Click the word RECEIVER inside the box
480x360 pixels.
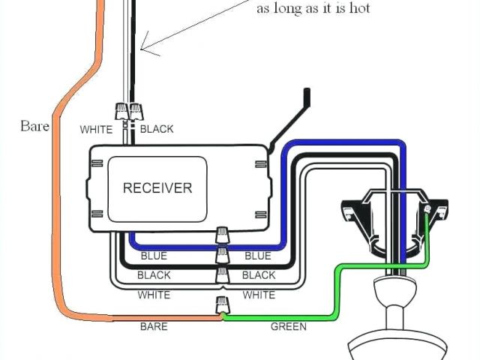pos(157,187)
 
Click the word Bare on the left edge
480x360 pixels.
pos(34,125)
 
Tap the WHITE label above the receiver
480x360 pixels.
pos(96,129)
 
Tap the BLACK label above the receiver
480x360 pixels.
pos(157,129)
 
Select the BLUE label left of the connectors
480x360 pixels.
pos(154,256)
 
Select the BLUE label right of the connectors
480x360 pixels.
pos(258,256)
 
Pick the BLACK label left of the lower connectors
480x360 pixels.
pos(154,275)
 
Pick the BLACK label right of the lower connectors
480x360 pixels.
pos(259,275)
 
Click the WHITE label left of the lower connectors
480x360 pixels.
pos(154,295)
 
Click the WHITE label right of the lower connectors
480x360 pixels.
pos(259,295)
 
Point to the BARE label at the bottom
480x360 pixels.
pos(153,326)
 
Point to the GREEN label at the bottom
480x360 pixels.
pos(287,326)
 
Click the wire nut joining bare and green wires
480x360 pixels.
pos(222,305)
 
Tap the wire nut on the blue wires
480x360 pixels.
pos(222,235)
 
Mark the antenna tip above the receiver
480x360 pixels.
pos(306,94)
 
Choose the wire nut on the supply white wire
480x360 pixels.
pos(122,112)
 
